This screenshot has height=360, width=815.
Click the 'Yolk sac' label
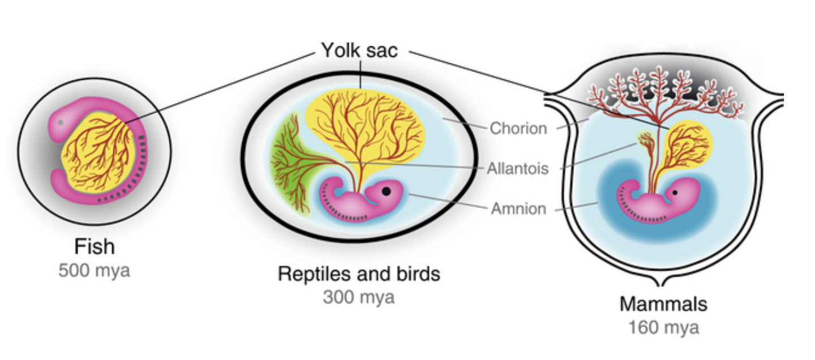pos(359,50)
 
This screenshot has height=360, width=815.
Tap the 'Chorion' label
pos(518,128)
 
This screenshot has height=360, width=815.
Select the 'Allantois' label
pos(518,169)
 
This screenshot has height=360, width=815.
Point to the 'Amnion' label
pos(518,209)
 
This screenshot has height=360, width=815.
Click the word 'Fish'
pos(94,247)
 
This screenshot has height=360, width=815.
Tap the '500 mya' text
pos(94,270)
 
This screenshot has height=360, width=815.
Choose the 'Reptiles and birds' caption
pos(359,274)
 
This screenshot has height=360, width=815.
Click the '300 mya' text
pos(359,297)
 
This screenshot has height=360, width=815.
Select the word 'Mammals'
pos(663,304)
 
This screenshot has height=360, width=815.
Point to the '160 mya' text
pos(663,327)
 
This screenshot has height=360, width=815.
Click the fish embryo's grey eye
pos(59,122)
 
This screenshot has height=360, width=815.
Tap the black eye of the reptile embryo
pos(386,191)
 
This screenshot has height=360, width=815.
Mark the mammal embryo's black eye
pos(675,193)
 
